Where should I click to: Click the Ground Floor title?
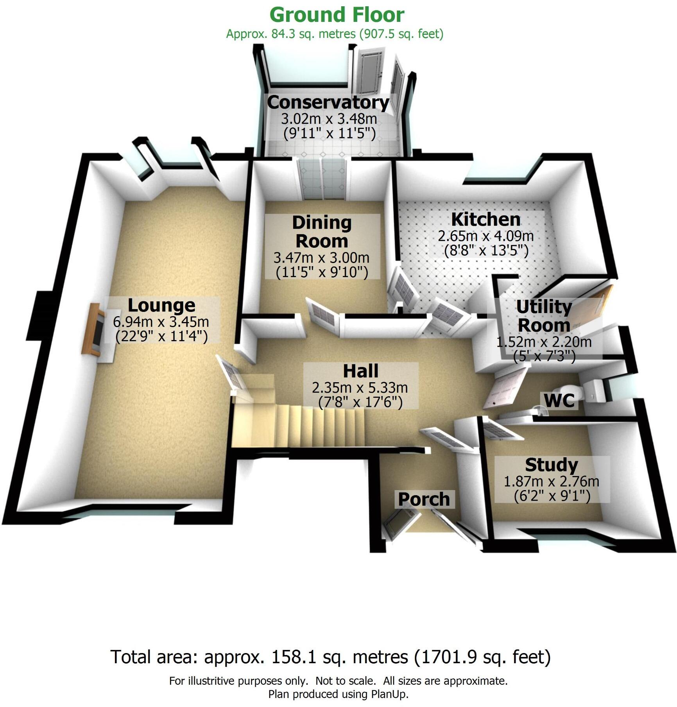[x=337, y=15]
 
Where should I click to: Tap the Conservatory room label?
[x=328, y=102]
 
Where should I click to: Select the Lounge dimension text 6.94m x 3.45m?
[x=161, y=322]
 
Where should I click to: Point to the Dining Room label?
[x=322, y=232]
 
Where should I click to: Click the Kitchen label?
[x=486, y=219]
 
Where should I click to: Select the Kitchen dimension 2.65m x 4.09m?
[x=486, y=236]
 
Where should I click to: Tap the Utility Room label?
[x=544, y=316]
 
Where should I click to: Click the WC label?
[x=559, y=401]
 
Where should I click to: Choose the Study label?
[x=552, y=465]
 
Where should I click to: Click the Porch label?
[x=424, y=499]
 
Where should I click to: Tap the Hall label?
[x=360, y=371]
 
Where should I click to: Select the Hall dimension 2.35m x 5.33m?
[x=360, y=388]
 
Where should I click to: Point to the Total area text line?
[x=331, y=657]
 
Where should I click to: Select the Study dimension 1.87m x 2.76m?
[x=552, y=481]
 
